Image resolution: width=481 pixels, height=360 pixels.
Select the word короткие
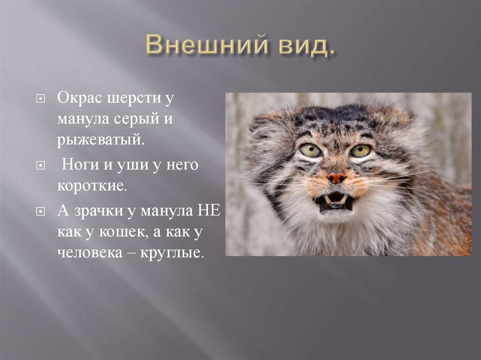point(92,185)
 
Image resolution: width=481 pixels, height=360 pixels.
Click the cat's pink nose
point(336,177)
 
